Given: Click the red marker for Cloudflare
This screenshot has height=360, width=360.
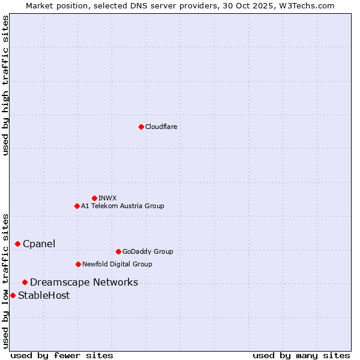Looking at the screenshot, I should pyautogui.click(x=141, y=127).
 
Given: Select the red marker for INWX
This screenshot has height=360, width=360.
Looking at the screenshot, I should pyautogui.click(x=94, y=198).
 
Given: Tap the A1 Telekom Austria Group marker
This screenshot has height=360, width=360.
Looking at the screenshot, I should pyautogui.click(x=77, y=206).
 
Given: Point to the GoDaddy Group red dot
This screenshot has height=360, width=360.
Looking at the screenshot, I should pyautogui.click(x=118, y=251).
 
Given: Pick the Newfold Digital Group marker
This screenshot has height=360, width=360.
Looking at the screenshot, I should pyautogui.click(x=78, y=264).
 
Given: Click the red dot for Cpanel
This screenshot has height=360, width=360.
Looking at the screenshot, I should pyautogui.click(x=17, y=244).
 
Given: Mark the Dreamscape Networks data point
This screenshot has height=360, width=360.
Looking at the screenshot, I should pyautogui.click(x=25, y=282).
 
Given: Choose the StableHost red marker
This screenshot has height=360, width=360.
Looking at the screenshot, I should pyautogui.click(x=13, y=295).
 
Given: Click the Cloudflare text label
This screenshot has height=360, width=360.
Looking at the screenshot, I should pyautogui.click(x=161, y=127).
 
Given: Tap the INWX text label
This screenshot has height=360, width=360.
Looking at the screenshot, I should pyautogui.click(x=107, y=198).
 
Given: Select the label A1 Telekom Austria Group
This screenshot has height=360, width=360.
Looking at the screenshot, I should pyautogui.click(x=122, y=206).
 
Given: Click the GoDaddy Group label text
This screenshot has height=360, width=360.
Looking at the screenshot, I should pyautogui.click(x=147, y=251).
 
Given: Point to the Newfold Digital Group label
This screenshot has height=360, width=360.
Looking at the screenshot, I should pyautogui.click(x=117, y=264).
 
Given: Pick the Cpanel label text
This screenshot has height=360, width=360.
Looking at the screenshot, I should pyautogui.click(x=39, y=244).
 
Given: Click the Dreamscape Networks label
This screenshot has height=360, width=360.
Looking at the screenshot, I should pyautogui.click(x=84, y=282).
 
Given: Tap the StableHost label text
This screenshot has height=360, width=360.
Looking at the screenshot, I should pyautogui.click(x=44, y=295).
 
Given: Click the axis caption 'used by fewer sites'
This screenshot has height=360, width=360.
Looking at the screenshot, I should pyautogui.click(x=62, y=355).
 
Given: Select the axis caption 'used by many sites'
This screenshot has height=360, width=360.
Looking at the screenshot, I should pyautogui.click(x=301, y=355).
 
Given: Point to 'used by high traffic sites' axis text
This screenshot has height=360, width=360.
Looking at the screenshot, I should pyautogui.click(x=5, y=85).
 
